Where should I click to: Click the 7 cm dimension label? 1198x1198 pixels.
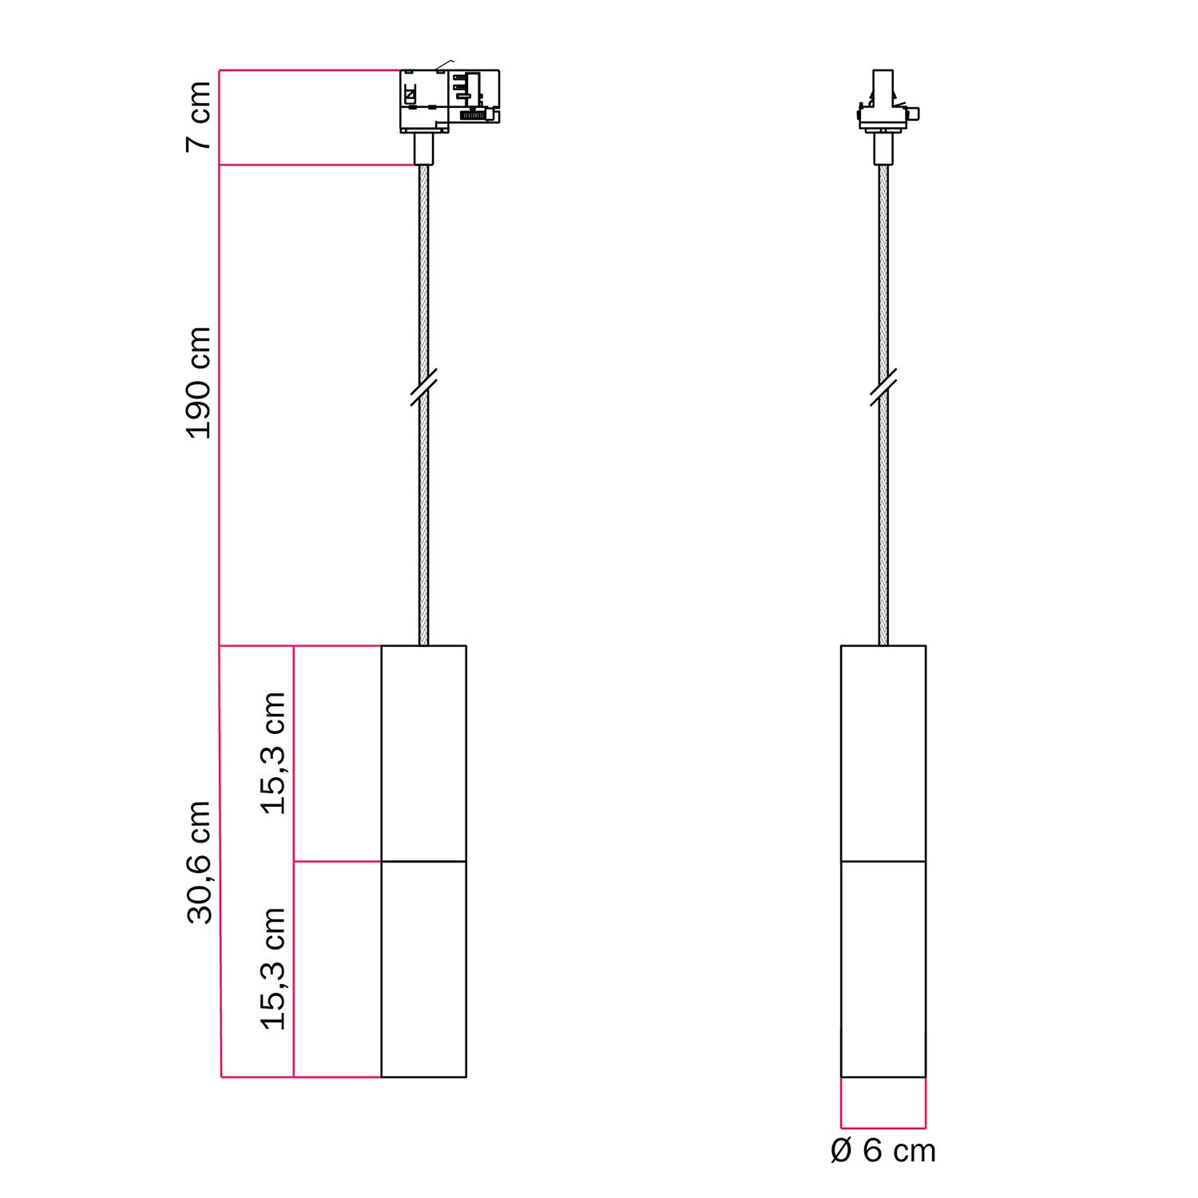pos(198,117)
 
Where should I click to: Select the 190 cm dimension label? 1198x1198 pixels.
pos(198,383)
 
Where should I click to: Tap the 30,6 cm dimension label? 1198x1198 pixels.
pos(198,863)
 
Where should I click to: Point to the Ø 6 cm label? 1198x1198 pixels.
pos(883,1151)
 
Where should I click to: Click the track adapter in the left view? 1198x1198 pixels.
pos(449,100)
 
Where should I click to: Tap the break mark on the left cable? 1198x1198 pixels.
pos(423,387)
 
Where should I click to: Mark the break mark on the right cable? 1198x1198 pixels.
pos(883,387)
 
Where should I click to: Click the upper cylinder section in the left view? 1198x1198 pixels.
pos(423,753)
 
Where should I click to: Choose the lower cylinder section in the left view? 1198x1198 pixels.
pos(423,969)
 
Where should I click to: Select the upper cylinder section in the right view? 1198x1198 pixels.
pos(883,753)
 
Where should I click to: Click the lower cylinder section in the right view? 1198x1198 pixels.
pos(883,969)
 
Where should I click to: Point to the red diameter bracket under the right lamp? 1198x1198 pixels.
pos(883,1127)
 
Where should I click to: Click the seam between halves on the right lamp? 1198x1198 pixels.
pos(883,862)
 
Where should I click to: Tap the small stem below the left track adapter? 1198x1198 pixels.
pos(423,149)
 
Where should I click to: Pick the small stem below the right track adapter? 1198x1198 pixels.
pos(883,149)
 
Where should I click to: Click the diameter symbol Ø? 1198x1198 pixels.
pos(842,1151)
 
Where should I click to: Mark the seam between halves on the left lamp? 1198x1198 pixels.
pos(423,862)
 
